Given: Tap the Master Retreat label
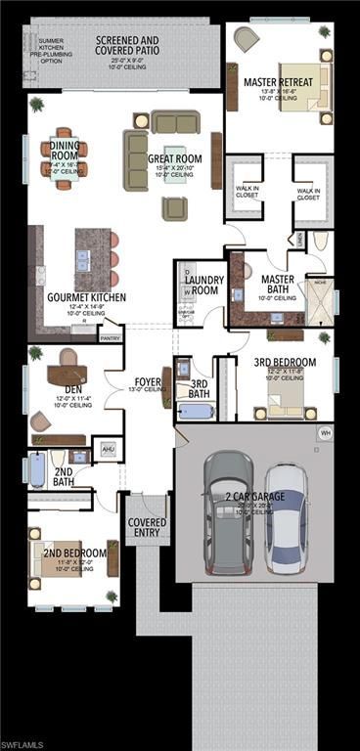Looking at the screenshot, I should (x=279, y=82).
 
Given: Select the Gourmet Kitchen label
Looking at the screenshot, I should (x=86, y=296).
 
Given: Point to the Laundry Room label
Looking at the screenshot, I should (x=204, y=286).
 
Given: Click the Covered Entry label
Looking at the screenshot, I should (x=147, y=528).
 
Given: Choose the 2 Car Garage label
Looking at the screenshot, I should (x=256, y=497).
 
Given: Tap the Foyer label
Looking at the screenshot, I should (x=148, y=381).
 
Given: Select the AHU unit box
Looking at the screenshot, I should (x=108, y=451).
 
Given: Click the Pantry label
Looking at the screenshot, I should (x=111, y=338).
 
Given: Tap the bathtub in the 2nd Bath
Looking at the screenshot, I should (x=37, y=470).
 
